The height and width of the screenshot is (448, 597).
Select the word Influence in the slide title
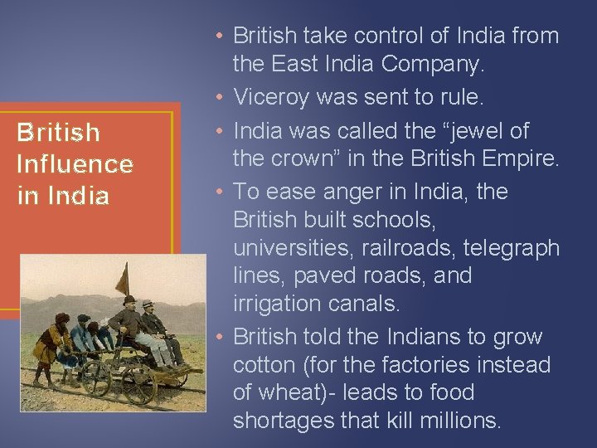coord(75,164)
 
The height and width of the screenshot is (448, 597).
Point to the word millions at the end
coord(461,421)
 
